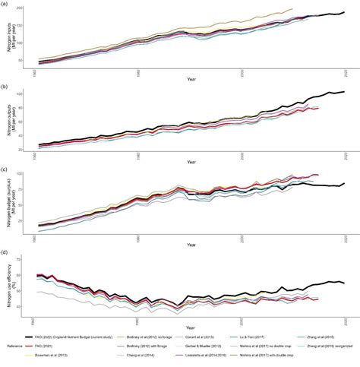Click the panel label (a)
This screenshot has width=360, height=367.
click(5, 4)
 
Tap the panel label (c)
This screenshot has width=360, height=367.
click(5, 169)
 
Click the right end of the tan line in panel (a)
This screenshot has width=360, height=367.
click(292, 9)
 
